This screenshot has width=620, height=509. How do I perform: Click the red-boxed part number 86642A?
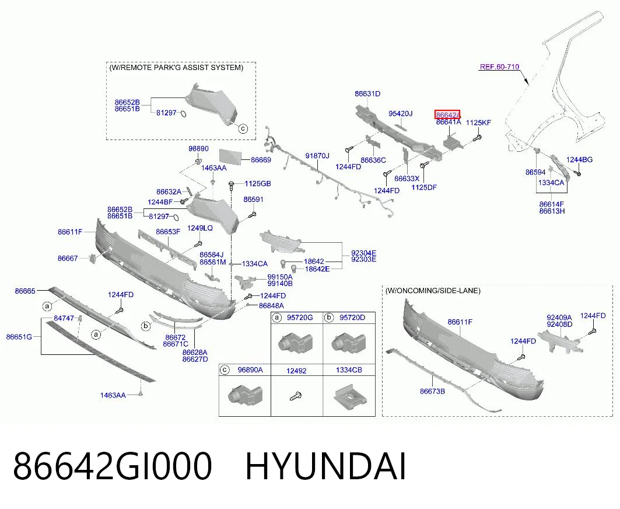[447, 115]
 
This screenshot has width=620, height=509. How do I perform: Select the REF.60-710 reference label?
[499, 67]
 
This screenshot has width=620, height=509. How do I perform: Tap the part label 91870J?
[317, 156]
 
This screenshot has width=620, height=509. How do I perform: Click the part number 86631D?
[367, 94]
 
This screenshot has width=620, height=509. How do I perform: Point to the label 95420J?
[400, 114]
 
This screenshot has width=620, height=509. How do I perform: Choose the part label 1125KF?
[478, 123]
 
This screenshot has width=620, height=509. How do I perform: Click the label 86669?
[261, 160]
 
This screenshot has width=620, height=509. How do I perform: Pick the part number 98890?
[198, 149]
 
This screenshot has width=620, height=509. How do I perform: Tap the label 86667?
[68, 259]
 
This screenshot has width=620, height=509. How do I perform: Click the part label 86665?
[25, 291]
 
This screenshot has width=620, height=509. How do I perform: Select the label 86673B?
[432, 392]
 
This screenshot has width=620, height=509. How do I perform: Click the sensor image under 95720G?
[296, 343]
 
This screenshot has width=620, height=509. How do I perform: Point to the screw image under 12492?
[296, 395]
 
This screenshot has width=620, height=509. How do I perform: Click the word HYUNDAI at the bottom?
[326, 466]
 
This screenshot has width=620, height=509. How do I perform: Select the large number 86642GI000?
[113, 466]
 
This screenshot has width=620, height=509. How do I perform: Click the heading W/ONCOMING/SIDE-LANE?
[433, 291]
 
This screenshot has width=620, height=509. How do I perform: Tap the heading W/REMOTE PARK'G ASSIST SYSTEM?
[176, 68]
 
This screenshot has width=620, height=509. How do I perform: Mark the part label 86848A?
[271, 306]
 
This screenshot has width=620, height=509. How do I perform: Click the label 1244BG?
[579, 160]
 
